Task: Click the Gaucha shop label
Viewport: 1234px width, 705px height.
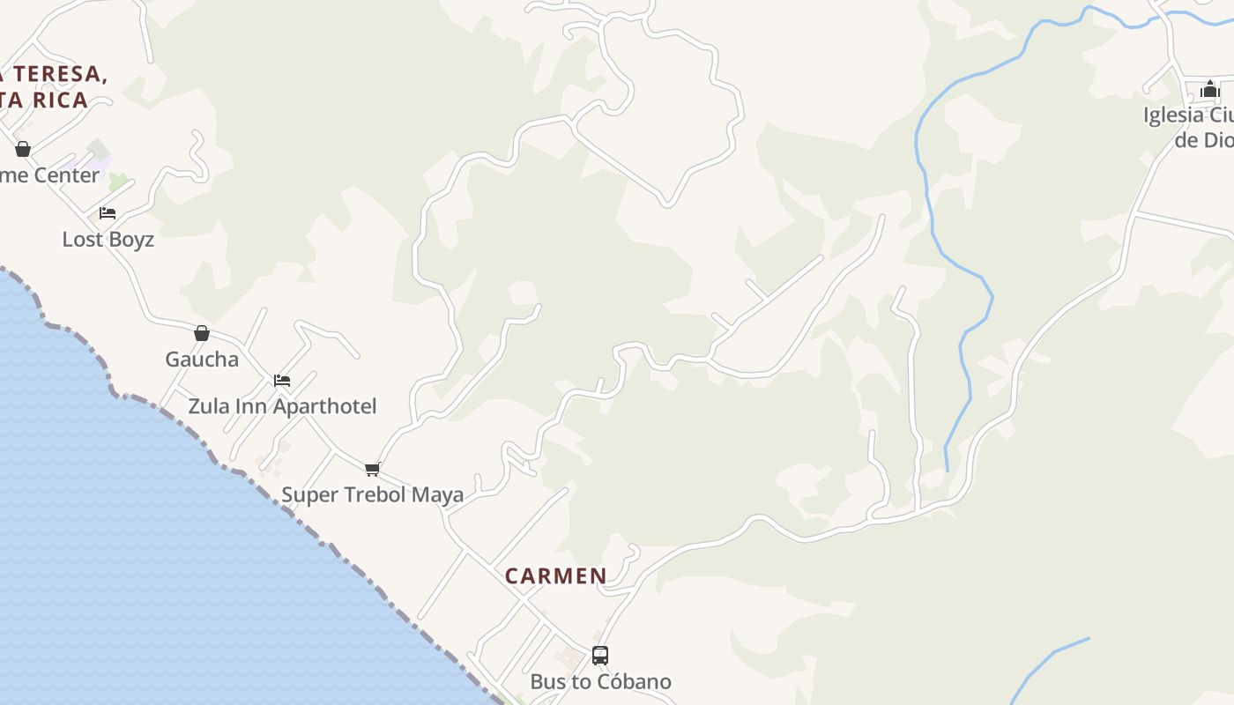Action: [202, 360]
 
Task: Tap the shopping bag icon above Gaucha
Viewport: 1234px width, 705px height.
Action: [202, 333]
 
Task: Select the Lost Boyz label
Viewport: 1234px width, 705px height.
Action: [108, 240]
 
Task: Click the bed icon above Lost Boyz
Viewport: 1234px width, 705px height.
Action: [108, 213]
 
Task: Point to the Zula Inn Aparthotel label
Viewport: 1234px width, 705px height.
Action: [282, 406]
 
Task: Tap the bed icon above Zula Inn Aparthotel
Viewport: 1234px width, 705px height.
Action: [282, 381]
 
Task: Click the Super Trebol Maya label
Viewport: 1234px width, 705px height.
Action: [372, 494]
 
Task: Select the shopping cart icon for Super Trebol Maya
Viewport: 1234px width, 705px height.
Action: [372, 469]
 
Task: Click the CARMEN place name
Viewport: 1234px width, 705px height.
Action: [555, 576]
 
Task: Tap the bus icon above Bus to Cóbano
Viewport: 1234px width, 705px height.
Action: [600, 656]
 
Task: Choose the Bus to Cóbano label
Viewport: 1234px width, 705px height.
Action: [600, 682]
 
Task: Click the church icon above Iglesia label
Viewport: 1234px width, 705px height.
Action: [1209, 89]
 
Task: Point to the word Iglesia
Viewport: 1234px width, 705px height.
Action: [1173, 115]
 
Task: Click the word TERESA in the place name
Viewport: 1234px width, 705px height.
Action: [59, 75]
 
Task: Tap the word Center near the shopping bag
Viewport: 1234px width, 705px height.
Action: [67, 175]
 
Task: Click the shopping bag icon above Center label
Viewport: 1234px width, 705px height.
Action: [23, 149]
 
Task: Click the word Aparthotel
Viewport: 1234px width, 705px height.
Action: [325, 406]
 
